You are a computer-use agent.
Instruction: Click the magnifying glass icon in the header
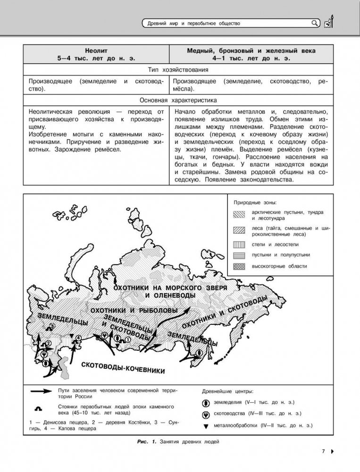click(x=315, y=22)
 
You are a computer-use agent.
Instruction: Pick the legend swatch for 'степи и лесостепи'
click(x=240, y=245)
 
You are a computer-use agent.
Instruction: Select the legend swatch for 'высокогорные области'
click(x=240, y=266)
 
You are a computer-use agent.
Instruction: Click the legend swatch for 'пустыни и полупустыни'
click(x=240, y=256)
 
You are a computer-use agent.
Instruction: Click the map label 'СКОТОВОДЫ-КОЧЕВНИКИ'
click(x=123, y=367)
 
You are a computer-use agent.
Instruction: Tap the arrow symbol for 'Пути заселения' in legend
click(x=41, y=391)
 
